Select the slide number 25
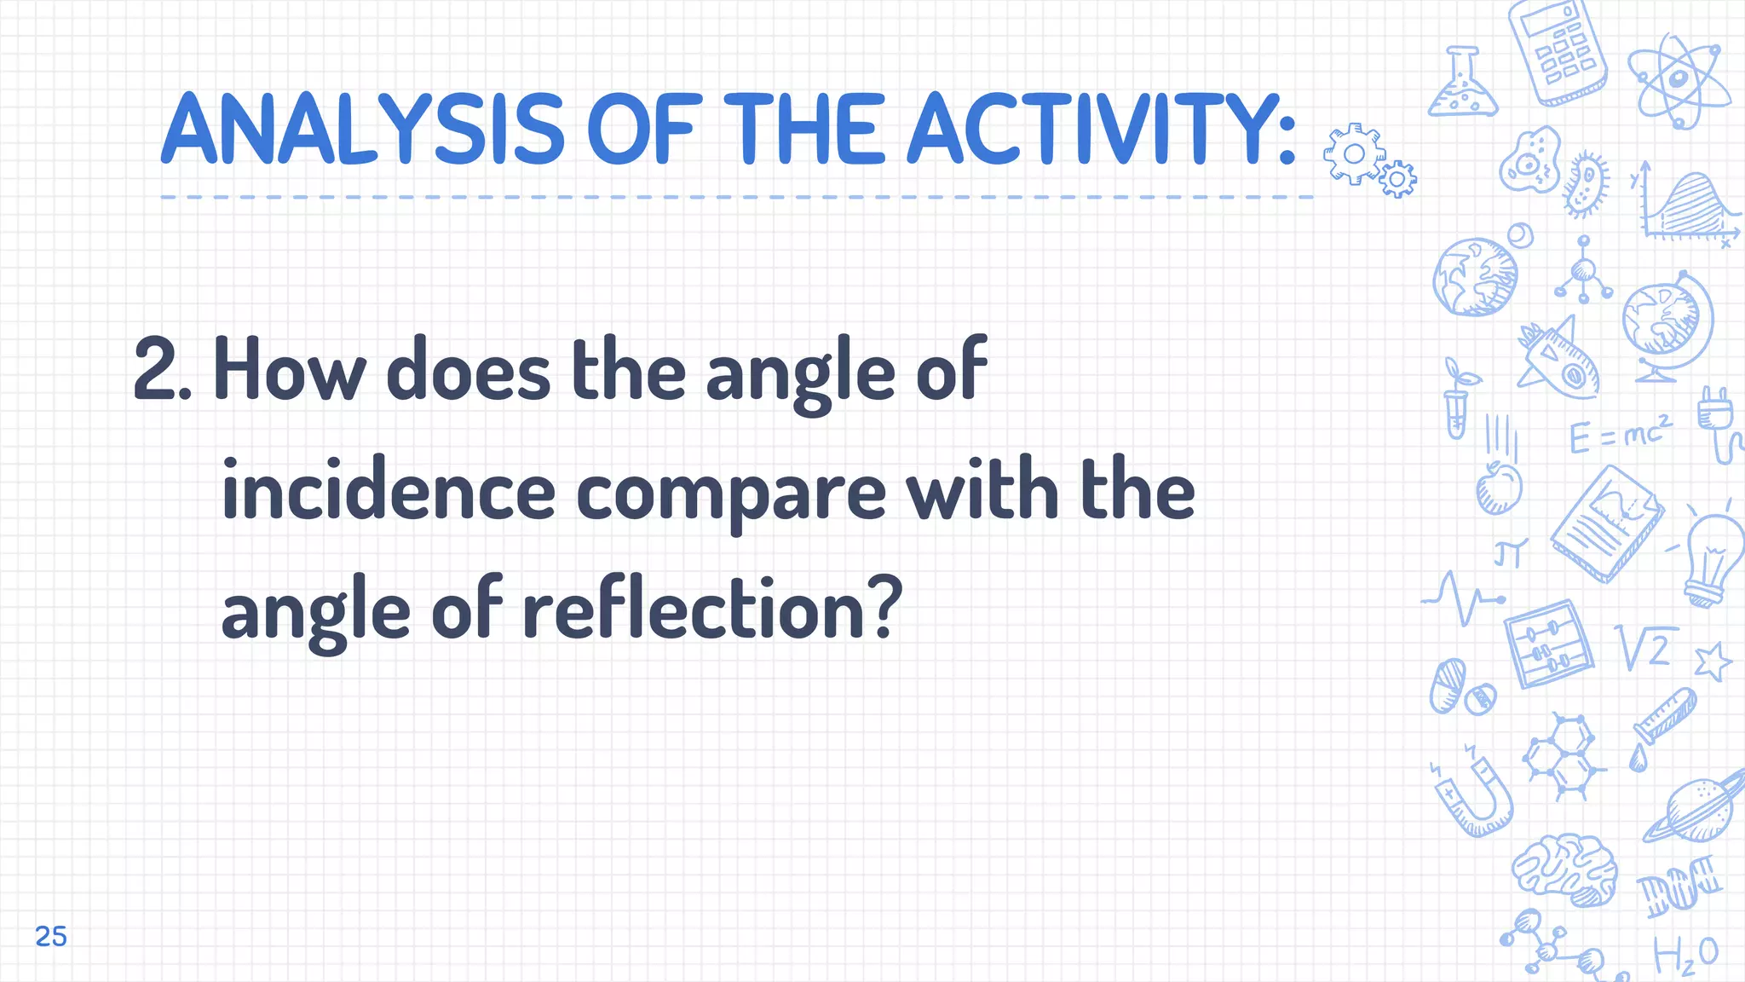pos(51,936)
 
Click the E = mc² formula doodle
pos(1619,435)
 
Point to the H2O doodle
pos(1685,955)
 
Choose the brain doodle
pos(1566,869)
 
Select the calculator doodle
pos(1558,53)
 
